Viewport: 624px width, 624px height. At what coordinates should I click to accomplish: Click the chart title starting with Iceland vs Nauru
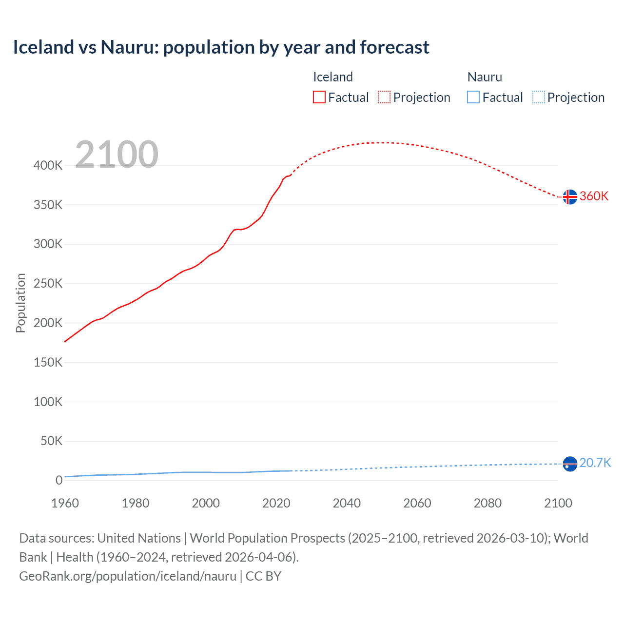[x=221, y=47]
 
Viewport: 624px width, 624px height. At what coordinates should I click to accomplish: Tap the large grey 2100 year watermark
[x=117, y=155]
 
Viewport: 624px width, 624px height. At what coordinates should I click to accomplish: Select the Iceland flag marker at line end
[x=569, y=196]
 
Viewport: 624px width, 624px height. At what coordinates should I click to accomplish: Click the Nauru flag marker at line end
[x=569, y=464]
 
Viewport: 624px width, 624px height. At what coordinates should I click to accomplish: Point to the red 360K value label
[x=594, y=196]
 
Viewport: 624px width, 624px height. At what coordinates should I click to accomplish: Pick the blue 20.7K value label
[x=595, y=463]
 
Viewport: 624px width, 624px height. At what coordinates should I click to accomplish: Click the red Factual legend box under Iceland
[x=319, y=97]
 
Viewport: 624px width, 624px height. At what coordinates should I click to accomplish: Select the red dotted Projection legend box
[x=384, y=97]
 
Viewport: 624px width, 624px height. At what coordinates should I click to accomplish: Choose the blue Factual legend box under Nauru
[x=473, y=97]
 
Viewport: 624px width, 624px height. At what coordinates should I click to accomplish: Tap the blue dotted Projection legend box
[x=538, y=97]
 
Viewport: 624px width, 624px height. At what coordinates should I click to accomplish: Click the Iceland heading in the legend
[x=332, y=77]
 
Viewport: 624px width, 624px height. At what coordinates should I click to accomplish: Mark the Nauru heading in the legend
[x=484, y=77]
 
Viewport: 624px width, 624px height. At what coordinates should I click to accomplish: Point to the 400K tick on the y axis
[x=48, y=165]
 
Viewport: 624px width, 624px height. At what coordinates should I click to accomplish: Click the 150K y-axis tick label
[x=48, y=362]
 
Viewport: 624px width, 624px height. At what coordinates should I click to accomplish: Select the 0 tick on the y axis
[x=58, y=480]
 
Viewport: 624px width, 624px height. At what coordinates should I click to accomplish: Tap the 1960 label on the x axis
[x=65, y=503]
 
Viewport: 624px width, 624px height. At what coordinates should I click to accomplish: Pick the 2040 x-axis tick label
[x=347, y=503]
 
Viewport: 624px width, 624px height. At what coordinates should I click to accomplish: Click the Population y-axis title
[x=20, y=303]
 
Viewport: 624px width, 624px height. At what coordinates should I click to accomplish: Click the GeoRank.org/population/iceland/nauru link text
[x=128, y=576]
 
